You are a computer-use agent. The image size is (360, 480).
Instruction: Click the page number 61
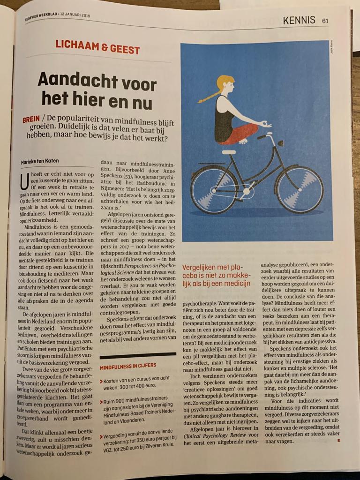325,20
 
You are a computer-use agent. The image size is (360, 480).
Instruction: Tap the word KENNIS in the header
299,20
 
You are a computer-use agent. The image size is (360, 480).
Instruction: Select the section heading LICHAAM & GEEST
97,46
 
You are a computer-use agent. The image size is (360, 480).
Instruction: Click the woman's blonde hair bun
225,81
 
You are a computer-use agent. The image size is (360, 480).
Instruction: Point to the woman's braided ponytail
209,97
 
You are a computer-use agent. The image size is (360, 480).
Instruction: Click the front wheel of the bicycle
299,188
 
